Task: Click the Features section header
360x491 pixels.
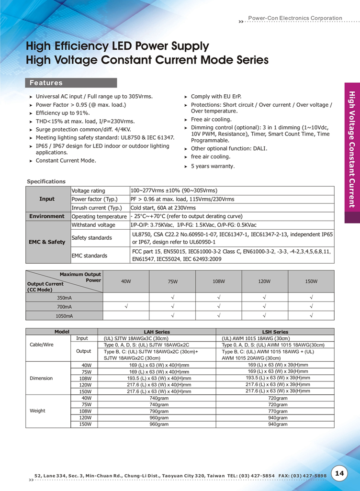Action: pos(46,83)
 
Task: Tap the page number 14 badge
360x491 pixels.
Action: pos(340,473)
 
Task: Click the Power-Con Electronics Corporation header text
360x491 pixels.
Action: pos(295,18)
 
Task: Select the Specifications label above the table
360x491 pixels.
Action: pos(46,181)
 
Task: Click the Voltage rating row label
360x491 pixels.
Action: pos(88,190)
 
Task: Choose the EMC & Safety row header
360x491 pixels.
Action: pos(47,242)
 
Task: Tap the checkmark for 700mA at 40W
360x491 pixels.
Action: pos(126,306)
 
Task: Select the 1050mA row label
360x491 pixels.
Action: pos(65,316)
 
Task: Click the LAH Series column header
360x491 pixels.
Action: pos(157,332)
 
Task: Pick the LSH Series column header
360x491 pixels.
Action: pos(275,332)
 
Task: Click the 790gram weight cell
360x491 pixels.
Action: pos(159,411)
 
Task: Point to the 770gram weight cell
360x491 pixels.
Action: pos(278,411)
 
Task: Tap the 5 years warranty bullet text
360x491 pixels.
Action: pos(213,166)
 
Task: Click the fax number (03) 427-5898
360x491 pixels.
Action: pos(308,476)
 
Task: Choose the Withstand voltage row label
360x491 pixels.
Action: pos(93,225)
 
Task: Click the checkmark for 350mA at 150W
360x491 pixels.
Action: pos(311,297)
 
